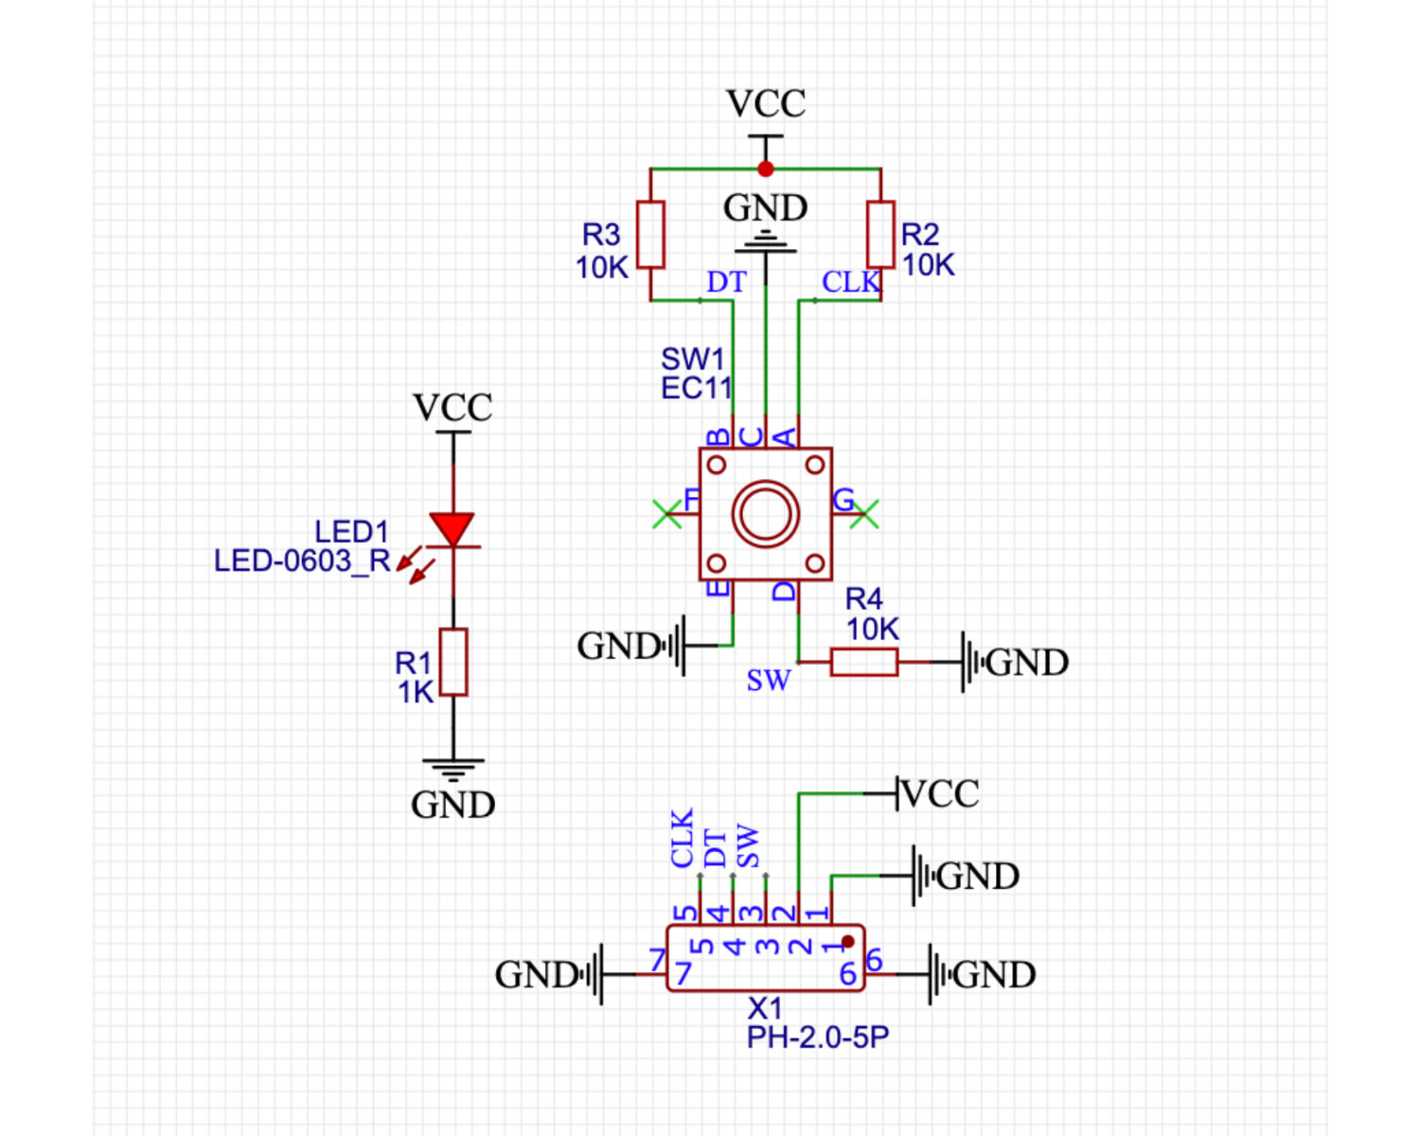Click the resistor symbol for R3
(650, 235)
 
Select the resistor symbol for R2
(880, 235)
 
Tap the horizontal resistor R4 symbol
(863, 662)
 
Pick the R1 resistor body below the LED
(453, 662)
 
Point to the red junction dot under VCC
(766, 169)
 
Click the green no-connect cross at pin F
(666, 514)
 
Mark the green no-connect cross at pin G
(864, 514)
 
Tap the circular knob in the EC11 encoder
(766, 514)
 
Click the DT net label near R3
(726, 282)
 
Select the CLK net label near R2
(850, 282)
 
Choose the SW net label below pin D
(768, 681)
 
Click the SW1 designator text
(692, 360)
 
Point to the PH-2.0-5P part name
(818, 1038)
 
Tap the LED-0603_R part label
(302, 561)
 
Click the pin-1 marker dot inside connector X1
(848, 941)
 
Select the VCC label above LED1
(453, 407)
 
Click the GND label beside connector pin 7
(537, 975)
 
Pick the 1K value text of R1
(416, 692)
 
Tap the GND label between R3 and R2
(766, 208)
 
